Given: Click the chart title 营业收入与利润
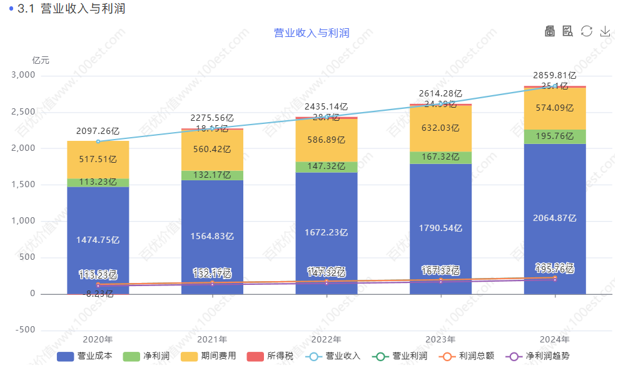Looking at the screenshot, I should coord(311,33).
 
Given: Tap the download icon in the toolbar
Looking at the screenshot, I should coord(605,31).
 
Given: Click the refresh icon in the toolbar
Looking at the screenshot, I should coord(586,31).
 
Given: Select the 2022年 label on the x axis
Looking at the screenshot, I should coord(326,340).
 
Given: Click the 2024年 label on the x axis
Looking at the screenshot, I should coord(555,340).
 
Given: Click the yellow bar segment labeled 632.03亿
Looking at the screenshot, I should coord(440,128).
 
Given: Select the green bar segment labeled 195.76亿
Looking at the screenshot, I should coord(555,136).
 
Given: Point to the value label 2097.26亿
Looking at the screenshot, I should coord(98,131).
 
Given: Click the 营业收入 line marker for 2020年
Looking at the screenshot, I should coord(98,141).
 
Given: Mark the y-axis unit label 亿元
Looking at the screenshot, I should coord(41,60).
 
